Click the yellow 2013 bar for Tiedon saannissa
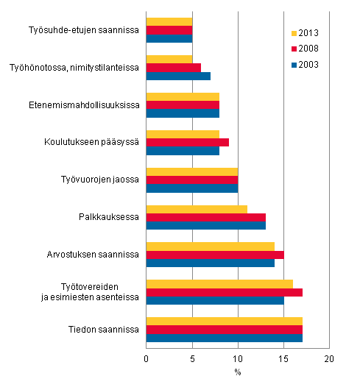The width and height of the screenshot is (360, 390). pyautogui.click(x=225, y=321)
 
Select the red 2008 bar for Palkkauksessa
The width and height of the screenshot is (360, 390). pyautogui.click(x=206, y=217)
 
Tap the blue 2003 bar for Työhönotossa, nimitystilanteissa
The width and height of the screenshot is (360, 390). pyautogui.click(x=179, y=76)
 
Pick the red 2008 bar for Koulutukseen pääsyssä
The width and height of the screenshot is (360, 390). pyautogui.click(x=188, y=142)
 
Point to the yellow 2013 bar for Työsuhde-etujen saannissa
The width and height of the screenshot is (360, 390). pyautogui.click(x=169, y=22)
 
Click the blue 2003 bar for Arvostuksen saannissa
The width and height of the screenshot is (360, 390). pyautogui.click(x=211, y=263)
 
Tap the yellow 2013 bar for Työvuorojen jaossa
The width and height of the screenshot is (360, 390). pyautogui.click(x=192, y=171)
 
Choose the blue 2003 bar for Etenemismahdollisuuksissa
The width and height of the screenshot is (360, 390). pyautogui.click(x=183, y=113)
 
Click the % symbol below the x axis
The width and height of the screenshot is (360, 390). pyautogui.click(x=238, y=372)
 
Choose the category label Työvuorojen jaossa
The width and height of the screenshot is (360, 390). pyautogui.click(x=100, y=180)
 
